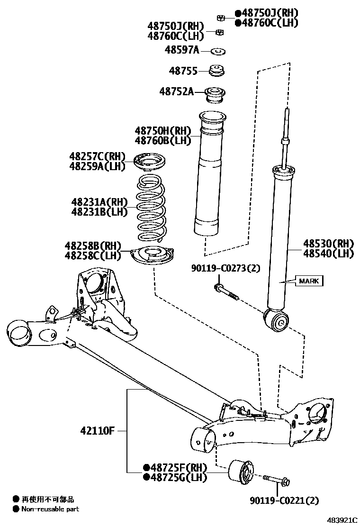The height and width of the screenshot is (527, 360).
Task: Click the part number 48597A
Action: (182, 50)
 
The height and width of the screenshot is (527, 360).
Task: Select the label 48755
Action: (183, 71)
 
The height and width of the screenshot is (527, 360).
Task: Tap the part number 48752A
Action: (176, 91)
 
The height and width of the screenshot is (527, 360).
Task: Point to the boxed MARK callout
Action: (309, 281)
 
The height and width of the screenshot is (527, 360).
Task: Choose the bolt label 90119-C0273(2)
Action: (226, 269)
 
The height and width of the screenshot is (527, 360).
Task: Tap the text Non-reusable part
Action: (50, 509)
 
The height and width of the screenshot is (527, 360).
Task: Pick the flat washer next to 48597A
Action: (218, 50)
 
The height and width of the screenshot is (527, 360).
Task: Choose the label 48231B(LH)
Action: (100, 212)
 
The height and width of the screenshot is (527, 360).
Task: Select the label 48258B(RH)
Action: (93, 245)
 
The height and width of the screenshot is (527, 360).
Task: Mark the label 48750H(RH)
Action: (162, 130)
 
